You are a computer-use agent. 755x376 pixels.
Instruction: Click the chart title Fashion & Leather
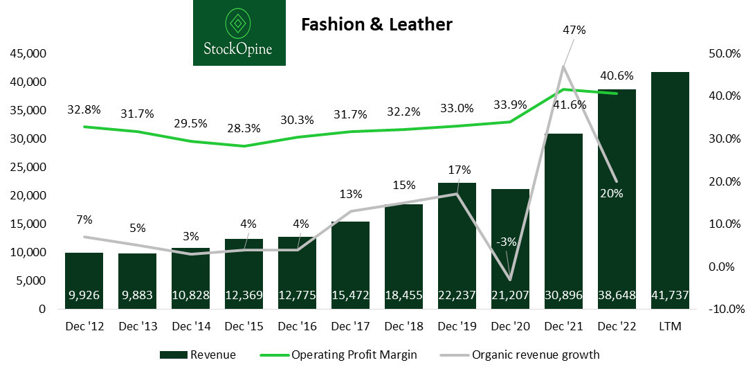coord(376,25)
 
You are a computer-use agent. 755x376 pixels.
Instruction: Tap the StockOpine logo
coord(239,33)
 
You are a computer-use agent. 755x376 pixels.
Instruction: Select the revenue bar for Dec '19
coord(457,235)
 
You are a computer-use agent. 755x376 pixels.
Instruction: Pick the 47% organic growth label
coord(574,30)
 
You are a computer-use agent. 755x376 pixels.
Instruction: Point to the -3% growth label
coord(507,242)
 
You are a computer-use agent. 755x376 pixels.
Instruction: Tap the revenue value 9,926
coord(84,296)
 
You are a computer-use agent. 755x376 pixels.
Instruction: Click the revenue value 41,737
coord(669,296)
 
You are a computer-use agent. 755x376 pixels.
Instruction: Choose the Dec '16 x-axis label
coord(297,326)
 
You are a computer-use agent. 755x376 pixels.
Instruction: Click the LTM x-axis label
coord(669,326)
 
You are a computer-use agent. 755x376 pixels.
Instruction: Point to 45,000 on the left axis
coord(26,54)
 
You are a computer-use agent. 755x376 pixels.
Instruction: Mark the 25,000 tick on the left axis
coord(26,168)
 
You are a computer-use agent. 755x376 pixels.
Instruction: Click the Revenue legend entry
coord(197,355)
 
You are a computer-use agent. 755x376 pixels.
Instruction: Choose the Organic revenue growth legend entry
coord(519,355)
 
